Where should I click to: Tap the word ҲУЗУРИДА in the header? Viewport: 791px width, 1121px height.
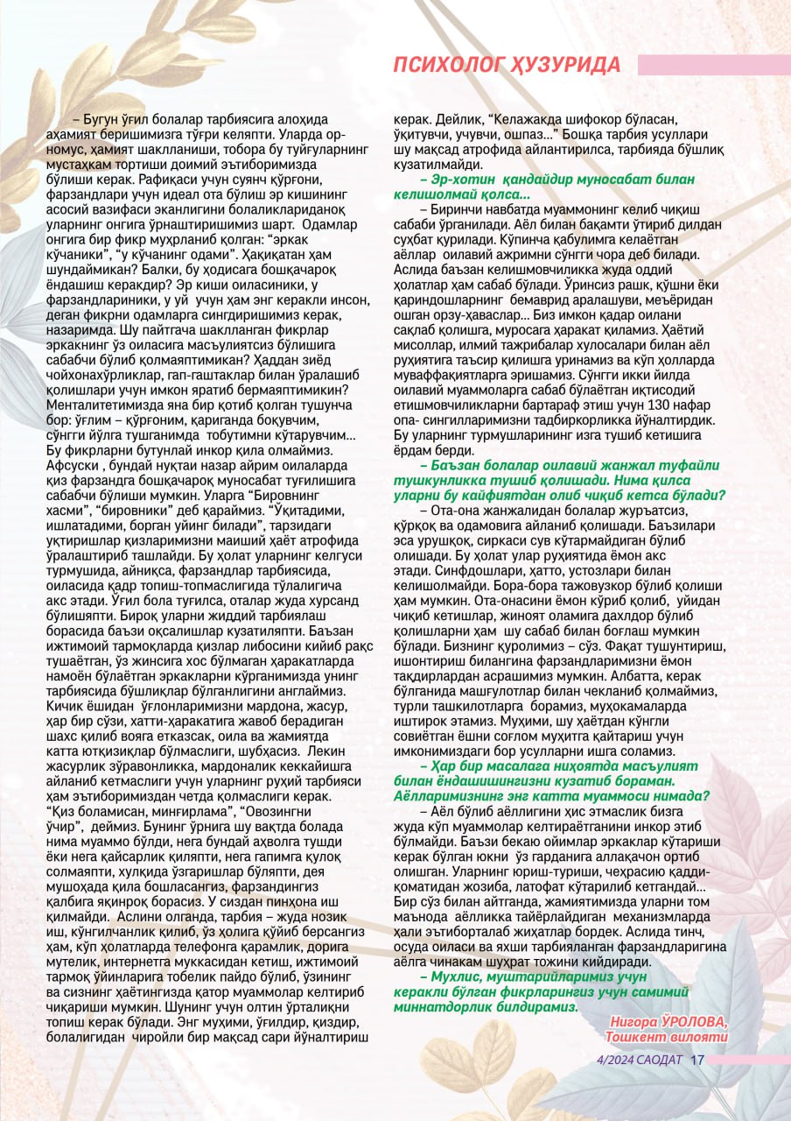(565, 65)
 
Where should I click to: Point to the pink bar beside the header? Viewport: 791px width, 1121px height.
(713, 65)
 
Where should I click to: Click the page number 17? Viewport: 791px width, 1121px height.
(697, 1059)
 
